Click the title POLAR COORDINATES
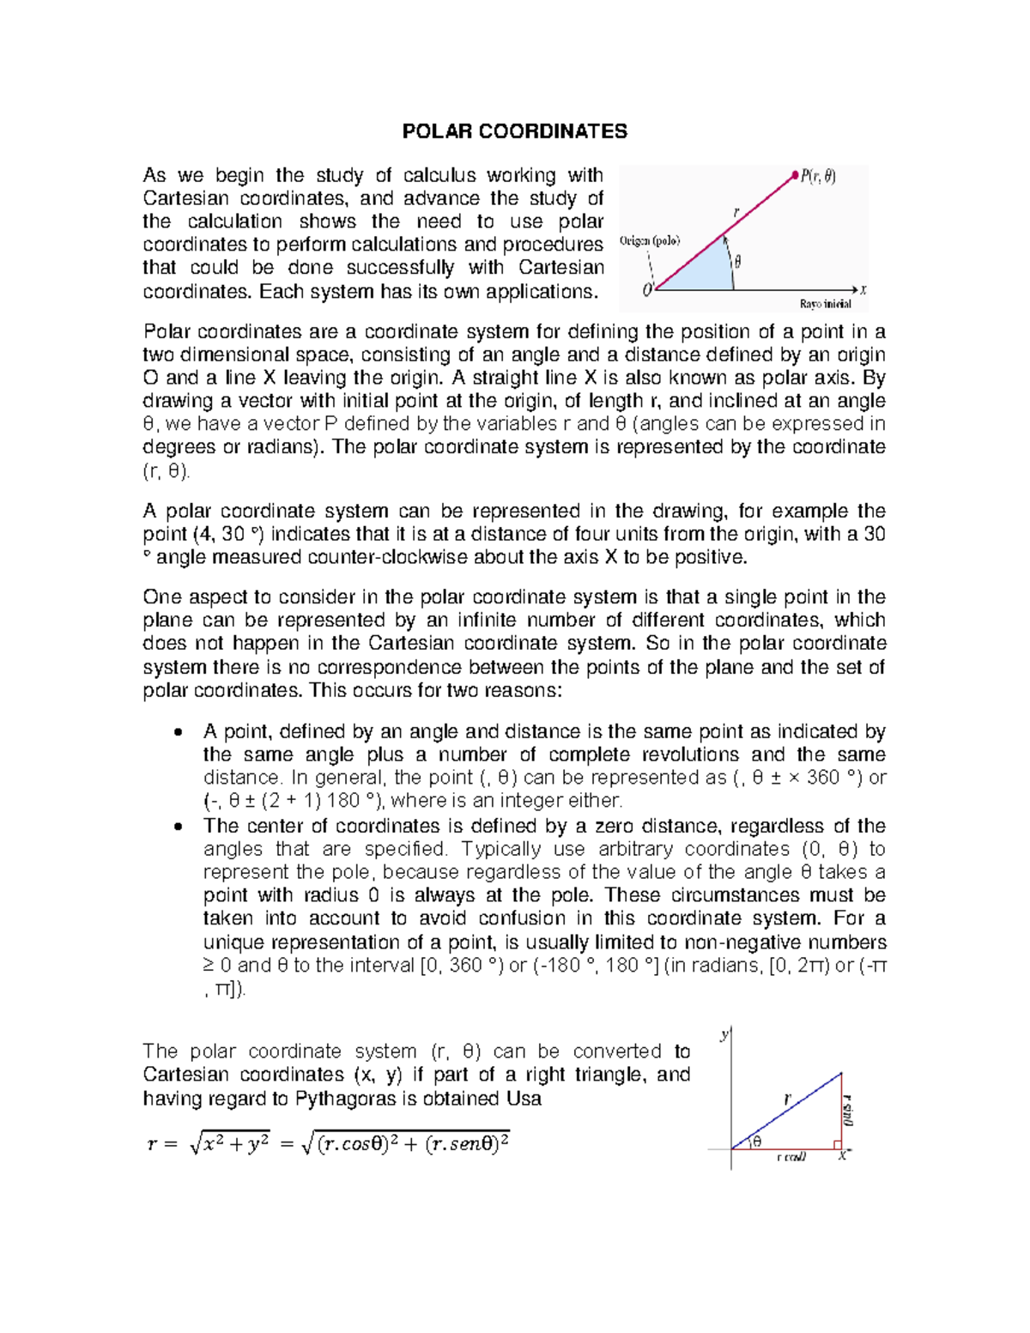tap(515, 131)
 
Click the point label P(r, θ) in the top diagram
tap(818, 177)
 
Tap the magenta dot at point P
tap(794, 176)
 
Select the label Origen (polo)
tap(650, 241)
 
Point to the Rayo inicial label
tap(825, 304)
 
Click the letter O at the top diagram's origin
tap(647, 290)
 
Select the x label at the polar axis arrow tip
tap(863, 290)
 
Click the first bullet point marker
tap(177, 732)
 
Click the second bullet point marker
tap(177, 827)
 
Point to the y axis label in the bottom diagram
tap(724, 1034)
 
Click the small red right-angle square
tap(837, 1144)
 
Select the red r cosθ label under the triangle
tap(791, 1157)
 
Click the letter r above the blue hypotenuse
tap(786, 1098)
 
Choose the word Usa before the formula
tap(524, 1099)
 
